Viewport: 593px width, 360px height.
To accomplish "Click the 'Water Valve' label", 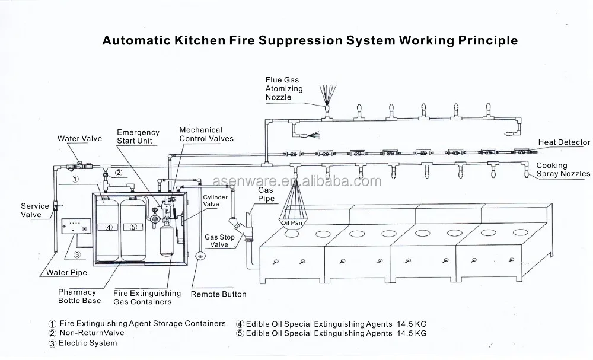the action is tap(79, 138).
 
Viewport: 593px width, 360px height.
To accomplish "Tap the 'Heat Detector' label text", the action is tap(564, 142).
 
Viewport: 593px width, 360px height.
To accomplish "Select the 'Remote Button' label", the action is tap(218, 294).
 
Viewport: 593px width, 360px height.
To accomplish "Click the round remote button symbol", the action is tap(200, 256).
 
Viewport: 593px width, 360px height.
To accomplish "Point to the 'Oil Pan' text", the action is tap(292, 223).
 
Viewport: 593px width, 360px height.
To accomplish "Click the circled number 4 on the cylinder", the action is tap(109, 227).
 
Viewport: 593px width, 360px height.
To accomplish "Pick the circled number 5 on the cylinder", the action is tap(133, 227).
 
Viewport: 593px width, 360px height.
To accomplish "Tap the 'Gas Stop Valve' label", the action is tap(219, 241).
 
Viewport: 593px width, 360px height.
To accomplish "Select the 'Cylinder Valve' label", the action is tap(215, 201).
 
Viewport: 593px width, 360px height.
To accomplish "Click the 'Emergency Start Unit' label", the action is tap(138, 136).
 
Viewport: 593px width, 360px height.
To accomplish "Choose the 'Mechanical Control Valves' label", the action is tap(206, 134).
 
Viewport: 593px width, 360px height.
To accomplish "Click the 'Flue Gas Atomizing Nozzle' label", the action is tap(284, 88).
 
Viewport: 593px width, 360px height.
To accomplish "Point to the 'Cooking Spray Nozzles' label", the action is tap(563, 170).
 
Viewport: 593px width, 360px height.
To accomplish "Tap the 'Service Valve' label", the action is tap(35, 211).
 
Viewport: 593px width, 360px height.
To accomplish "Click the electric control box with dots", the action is tap(76, 226).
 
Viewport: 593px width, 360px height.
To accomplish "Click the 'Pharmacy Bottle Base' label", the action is tap(79, 297).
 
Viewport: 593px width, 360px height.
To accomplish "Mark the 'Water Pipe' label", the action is tap(66, 273).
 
